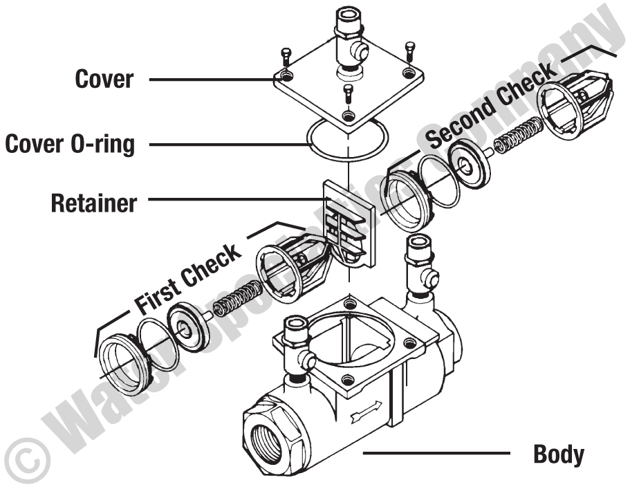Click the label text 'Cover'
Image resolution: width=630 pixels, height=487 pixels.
[x=104, y=79]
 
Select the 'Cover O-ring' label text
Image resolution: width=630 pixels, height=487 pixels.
[x=70, y=145]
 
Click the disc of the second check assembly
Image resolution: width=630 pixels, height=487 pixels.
[x=470, y=163]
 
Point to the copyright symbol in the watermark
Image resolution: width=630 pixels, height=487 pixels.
[x=21, y=458]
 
